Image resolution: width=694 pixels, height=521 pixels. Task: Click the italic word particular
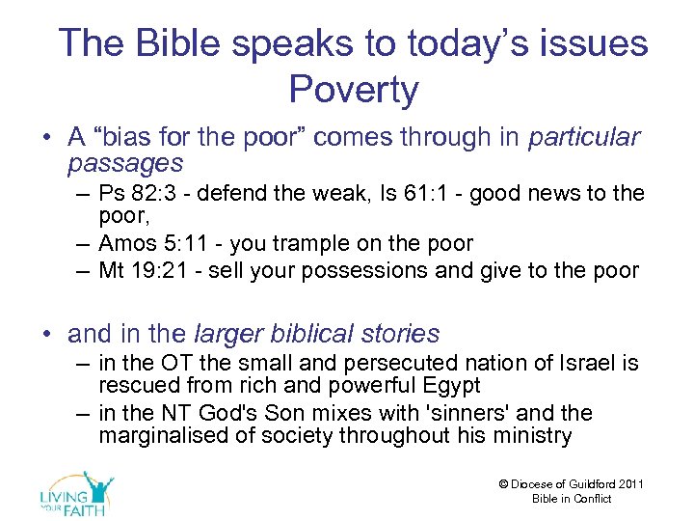pyautogui.click(x=583, y=137)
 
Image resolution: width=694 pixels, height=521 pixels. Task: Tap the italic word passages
pyautogui.click(x=125, y=163)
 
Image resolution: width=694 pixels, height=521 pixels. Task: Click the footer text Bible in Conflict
pyautogui.click(x=572, y=499)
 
